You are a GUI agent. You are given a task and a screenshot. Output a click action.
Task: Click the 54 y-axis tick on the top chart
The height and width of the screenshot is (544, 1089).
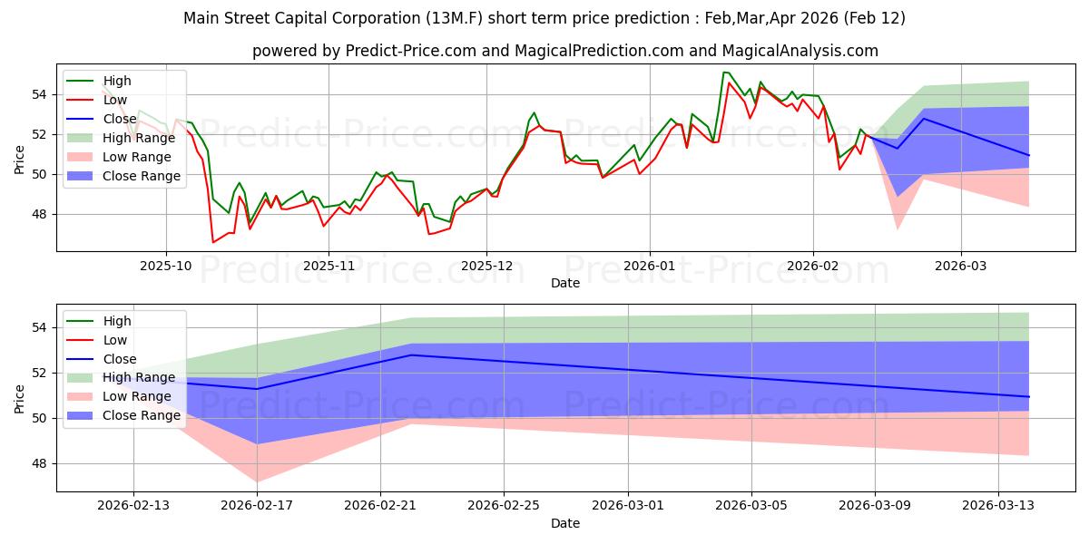[41, 94]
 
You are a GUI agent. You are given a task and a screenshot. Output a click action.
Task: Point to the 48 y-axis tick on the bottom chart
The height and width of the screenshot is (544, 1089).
[41, 463]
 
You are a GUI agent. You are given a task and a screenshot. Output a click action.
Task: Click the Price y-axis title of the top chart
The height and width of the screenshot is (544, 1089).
[19, 160]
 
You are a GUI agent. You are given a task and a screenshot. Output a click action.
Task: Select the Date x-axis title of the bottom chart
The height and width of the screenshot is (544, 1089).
[565, 523]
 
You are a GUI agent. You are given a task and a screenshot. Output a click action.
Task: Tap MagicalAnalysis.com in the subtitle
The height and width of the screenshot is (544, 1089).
[808, 51]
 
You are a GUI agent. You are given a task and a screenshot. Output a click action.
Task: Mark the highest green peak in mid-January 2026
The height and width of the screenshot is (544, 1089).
[724, 72]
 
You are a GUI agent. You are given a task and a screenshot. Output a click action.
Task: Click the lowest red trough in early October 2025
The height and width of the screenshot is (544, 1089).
[214, 242]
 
